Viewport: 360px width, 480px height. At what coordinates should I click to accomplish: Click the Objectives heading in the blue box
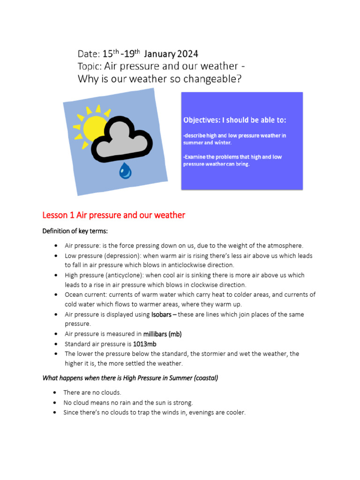point(234,120)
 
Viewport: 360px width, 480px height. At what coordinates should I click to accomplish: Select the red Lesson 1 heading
point(113,215)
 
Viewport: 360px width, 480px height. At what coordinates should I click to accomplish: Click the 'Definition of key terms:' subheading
point(75,231)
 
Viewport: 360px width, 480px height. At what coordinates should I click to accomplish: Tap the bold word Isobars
point(162,315)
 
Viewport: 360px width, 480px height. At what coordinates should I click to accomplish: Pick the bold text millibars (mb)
point(162,334)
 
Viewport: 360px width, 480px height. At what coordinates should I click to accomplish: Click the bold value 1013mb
point(145,344)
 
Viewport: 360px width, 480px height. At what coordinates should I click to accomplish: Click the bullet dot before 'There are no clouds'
point(56,393)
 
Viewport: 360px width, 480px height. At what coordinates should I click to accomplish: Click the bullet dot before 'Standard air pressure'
point(56,344)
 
